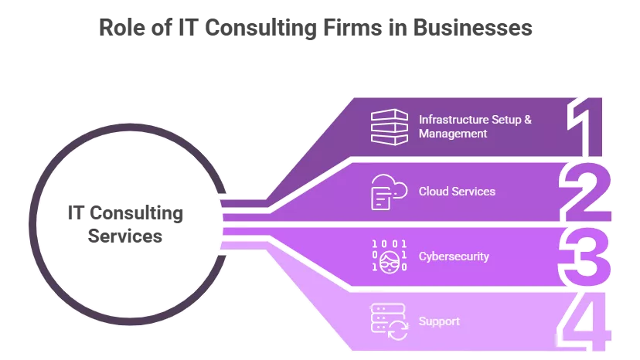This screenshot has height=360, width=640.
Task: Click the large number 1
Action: (x=587, y=127)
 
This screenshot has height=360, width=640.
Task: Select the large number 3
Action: (x=585, y=256)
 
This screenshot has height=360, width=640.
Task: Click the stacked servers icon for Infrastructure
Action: (x=388, y=127)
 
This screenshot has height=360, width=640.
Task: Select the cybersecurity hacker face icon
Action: (x=389, y=256)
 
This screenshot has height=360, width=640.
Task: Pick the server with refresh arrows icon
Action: (x=389, y=321)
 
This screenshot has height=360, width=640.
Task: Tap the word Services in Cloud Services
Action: (x=473, y=191)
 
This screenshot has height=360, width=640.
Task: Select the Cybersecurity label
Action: (x=454, y=256)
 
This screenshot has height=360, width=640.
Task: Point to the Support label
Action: (x=439, y=321)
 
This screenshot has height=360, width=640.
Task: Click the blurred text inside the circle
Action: (x=127, y=225)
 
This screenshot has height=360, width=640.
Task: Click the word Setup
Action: (x=507, y=120)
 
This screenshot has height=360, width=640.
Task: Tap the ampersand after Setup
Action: (x=528, y=120)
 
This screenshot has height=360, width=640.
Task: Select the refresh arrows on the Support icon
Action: (x=397, y=331)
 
